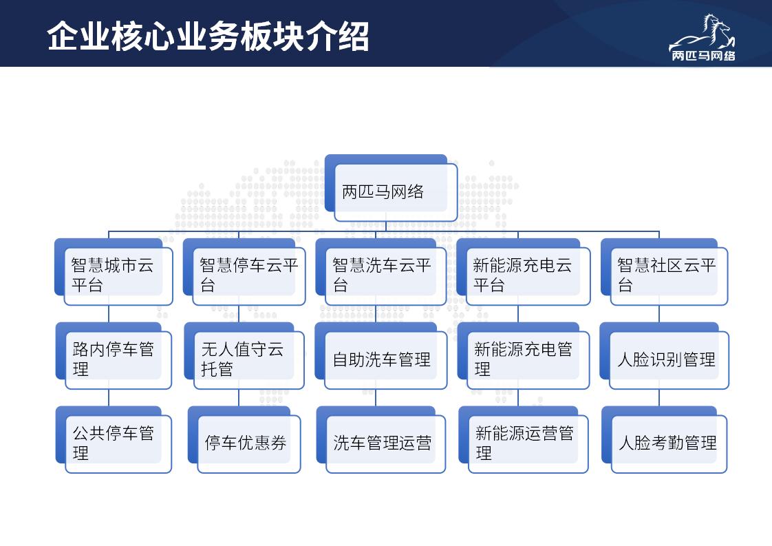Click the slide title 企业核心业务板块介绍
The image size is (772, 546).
tap(208, 36)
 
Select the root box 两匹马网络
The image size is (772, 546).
tap(391, 188)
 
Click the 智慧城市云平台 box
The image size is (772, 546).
tap(114, 272)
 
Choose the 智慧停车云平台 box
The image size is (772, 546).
tap(244, 272)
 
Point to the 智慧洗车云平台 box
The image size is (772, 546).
tap(381, 272)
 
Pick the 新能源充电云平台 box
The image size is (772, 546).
tap(524, 272)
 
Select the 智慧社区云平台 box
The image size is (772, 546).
tap(664, 272)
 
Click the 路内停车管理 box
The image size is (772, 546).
tap(114, 356)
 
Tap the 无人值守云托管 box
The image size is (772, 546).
tap(244, 356)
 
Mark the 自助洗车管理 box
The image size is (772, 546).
tap(381, 356)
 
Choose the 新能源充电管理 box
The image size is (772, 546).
tap(524, 356)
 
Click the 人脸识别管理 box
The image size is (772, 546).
tap(664, 356)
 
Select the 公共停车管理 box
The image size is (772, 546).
tap(114, 439)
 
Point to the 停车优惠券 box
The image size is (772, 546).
tap(244, 439)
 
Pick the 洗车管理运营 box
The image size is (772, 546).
tap(381, 439)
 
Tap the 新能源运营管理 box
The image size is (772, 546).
tap(524, 439)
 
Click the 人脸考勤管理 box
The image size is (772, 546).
tap(664, 439)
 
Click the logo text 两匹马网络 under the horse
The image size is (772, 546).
tap(704, 56)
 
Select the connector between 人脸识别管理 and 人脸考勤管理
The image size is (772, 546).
tap(659, 398)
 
